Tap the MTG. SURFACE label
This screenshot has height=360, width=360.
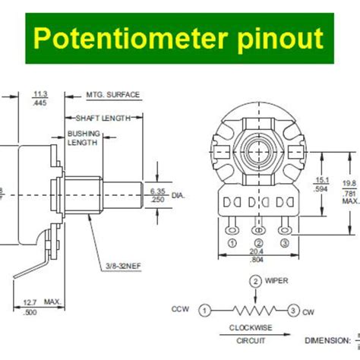pos(113,95)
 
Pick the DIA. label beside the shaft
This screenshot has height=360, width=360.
pos(178,195)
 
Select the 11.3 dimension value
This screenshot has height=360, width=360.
pos(39,95)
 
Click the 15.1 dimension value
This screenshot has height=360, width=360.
pos(322,181)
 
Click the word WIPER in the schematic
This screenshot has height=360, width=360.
pos(277,281)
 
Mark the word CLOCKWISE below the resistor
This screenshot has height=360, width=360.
pos(251,328)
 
